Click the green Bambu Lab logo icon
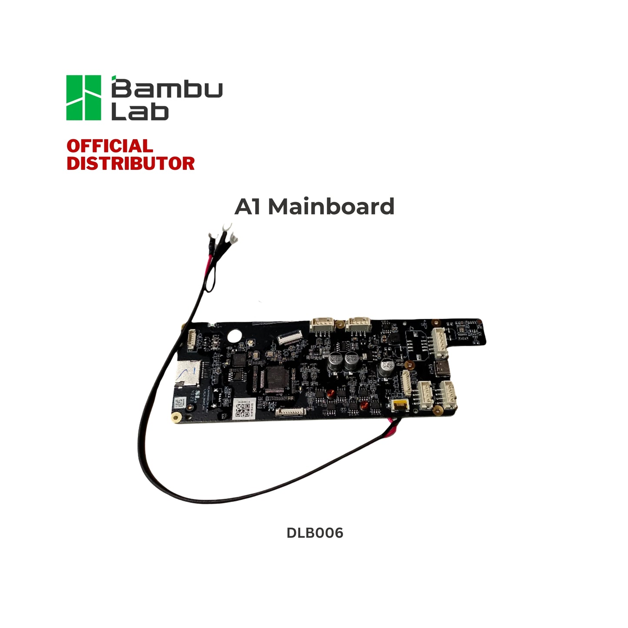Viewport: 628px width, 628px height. coord(83,98)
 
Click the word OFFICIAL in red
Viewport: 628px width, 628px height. coord(110,146)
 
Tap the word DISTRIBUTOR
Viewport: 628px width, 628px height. coord(130,164)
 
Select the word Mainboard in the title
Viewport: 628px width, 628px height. coord(331,206)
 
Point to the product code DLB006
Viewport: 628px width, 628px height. coord(315,533)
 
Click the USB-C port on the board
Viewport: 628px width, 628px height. coord(442,368)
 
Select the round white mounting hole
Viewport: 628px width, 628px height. coord(235,336)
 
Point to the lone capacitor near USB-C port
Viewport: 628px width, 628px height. coord(386,368)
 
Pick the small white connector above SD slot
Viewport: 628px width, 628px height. coord(191,339)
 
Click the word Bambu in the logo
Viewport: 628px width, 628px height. coord(167,89)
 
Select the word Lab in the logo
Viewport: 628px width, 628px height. coord(140,112)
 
